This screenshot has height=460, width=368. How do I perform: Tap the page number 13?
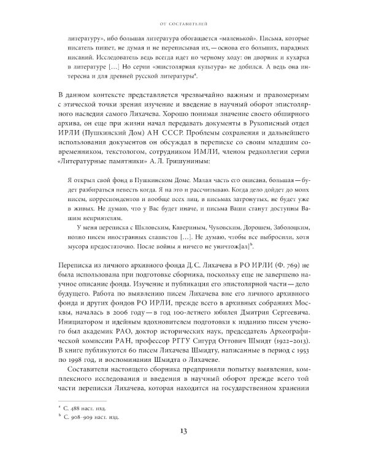(x=183, y=431)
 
